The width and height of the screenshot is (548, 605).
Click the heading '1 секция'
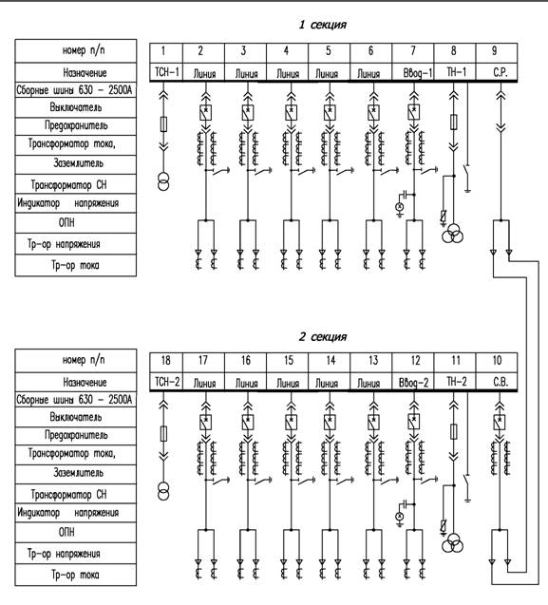(x=323, y=25)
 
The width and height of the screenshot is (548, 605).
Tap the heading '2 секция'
(x=323, y=336)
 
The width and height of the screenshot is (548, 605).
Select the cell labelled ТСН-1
(x=167, y=72)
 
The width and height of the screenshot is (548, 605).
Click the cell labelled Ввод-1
(x=413, y=72)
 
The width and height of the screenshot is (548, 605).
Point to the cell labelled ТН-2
(x=455, y=382)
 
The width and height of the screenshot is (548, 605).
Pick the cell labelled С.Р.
(x=497, y=72)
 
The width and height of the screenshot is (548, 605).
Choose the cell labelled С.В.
(x=497, y=382)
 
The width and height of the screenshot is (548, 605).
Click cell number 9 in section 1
(x=497, y=52)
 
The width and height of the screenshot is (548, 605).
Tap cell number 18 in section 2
(x=166, y=362)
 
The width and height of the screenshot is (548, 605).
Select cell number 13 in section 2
(x=371, y=362)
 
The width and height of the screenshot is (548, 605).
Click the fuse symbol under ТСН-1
(x=163, y=123)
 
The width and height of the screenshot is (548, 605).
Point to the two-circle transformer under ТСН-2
(x=163, y=490)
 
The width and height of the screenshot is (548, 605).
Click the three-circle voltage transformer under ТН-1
(x=453, y=235)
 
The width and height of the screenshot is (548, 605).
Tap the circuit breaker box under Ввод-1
(x=414, y=112)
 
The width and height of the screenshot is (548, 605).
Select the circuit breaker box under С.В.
(x=500, y=422)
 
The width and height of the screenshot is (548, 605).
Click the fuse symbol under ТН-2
(x=454, y=431)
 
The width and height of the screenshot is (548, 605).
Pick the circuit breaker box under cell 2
(x=206, y=112)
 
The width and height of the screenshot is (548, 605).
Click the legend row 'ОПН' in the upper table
(x=76, y=222)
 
